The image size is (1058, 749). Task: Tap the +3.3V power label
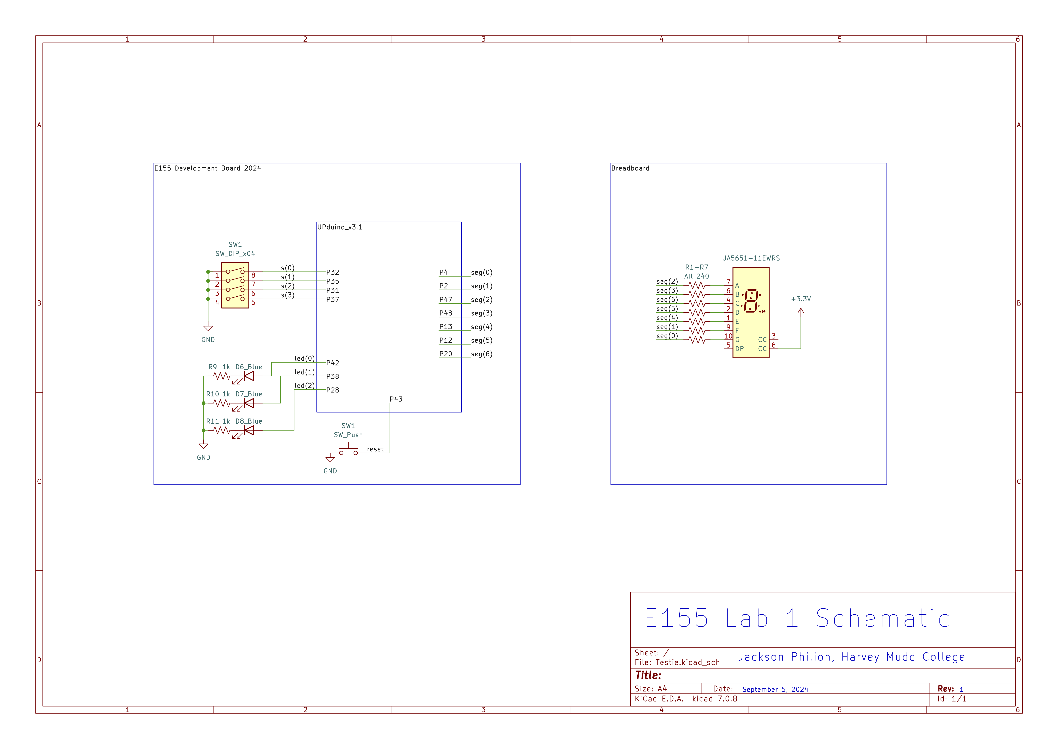point(801,299)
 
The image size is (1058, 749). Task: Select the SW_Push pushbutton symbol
point(348,451)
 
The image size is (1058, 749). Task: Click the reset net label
point(375,449)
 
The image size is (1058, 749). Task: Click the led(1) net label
point(305,372)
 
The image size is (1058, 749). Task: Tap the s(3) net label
point(288,295)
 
